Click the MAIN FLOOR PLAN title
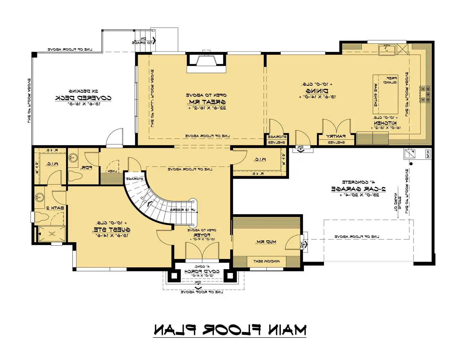coord(230,329)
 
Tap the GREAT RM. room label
coord(206,102)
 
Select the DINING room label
coord(317,91)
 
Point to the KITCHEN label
coord(385,123)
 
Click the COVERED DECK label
coord(83,98)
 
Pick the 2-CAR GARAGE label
coord(358,189)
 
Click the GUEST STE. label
coord(111,230)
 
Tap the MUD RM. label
coord(266,242)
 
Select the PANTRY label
coord(336,136)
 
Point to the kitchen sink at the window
coord(387,49)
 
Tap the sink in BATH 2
coord(39,197)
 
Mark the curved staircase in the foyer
coord(153,204)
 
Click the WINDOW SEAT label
coord(266,261)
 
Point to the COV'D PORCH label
coord(202,271)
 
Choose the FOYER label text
coord(202,235)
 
